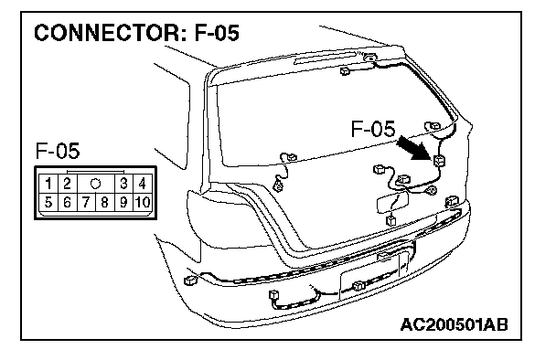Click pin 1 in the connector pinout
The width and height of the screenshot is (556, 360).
48,184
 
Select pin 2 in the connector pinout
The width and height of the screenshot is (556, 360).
67,184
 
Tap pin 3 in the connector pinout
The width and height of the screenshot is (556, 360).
123,184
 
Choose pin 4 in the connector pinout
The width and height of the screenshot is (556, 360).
142,184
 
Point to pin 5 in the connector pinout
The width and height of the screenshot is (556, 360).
48,202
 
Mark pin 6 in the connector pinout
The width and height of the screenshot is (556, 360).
67,202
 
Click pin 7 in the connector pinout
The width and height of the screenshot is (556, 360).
86,202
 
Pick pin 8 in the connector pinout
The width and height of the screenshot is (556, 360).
104,202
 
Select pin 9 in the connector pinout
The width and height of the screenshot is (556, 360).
123,202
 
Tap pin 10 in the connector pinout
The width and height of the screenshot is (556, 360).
142,202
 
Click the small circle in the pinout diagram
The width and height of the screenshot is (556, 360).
96,184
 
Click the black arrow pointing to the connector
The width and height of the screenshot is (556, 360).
414,147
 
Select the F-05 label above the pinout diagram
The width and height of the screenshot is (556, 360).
58,151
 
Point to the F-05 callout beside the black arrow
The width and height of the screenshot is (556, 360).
373,128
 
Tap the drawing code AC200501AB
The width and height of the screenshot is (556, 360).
454,324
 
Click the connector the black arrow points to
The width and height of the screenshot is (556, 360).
440,161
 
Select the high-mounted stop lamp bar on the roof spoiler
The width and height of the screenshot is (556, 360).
325,58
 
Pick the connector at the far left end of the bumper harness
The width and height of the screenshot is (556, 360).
190,281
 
